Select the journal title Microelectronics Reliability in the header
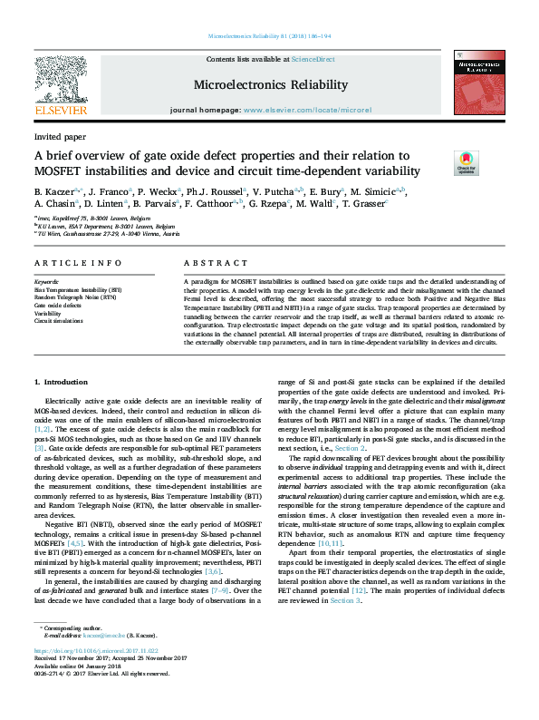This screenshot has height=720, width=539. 270,85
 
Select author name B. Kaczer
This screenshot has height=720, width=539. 55,192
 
